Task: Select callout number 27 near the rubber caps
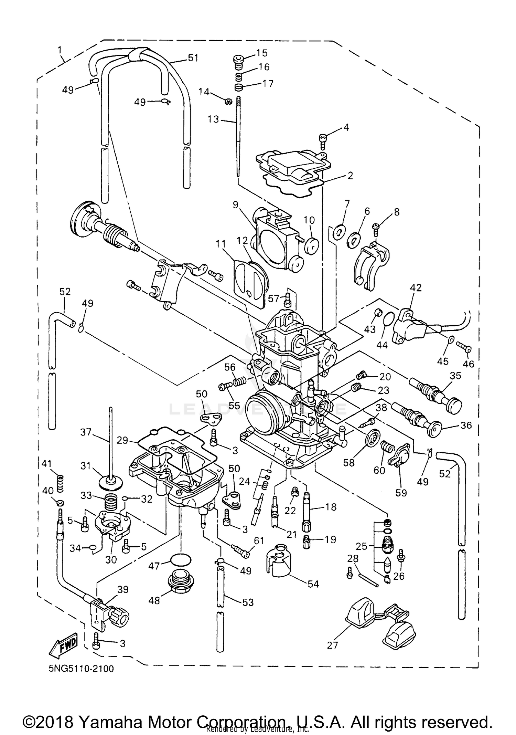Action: [x=332, y=645]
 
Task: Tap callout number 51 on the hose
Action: [x=193, y=58]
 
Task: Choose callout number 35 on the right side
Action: [x=455, y=376]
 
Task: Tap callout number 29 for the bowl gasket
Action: [x=122, y=440]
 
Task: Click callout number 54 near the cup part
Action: [x=313, y=584]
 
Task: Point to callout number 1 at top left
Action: [x=60, y=51]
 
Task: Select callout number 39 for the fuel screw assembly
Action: [x=123, y=589]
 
